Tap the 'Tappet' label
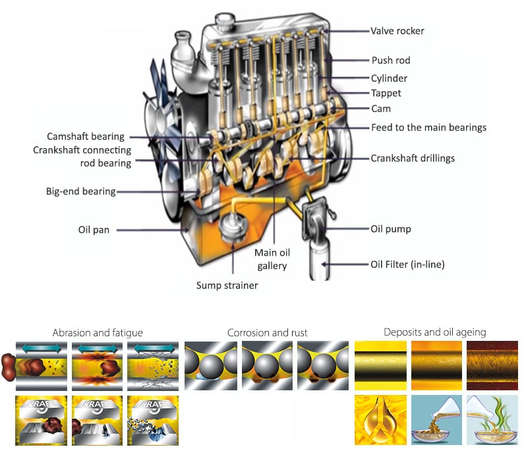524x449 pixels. [x=386, y=94]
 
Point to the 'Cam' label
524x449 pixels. [x=380, y=109]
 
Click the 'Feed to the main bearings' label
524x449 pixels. [x=428, y=127]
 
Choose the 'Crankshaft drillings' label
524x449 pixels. [x=413, y=158]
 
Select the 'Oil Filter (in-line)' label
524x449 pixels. [x=407, y=264]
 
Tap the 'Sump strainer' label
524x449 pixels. [x=227, y=285]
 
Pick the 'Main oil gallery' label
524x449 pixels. [x=272, y=259]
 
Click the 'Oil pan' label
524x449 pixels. [x=94, y=230]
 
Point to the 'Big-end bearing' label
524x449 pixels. [x=80, y=192]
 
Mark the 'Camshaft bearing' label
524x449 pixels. [x=86, y=136]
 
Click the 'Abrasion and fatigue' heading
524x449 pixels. [x=98, y=332]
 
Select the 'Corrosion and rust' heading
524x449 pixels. [x=268, y=332]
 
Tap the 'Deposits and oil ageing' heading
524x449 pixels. [x=434, y=332]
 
